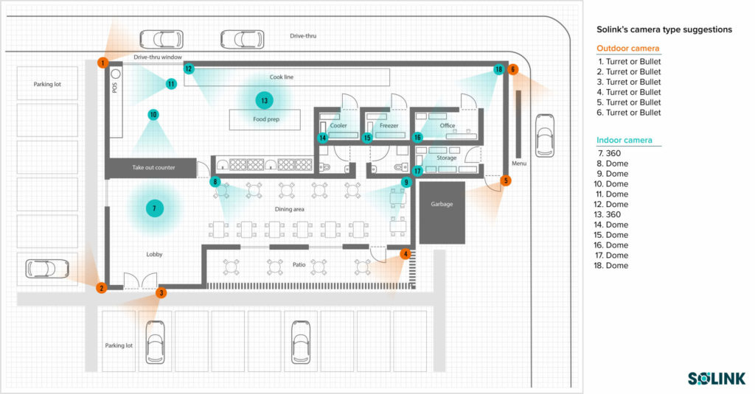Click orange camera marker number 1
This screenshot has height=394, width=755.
click(102, 63)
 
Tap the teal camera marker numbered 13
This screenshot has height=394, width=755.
click(263, 99)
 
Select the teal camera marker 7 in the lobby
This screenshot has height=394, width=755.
click(154, 208)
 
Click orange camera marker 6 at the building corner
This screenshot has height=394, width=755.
click(513, 69)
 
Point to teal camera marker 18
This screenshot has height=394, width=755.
click(499, 69)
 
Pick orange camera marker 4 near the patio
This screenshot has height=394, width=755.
click(405, 254)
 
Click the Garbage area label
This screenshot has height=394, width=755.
click(442, 204)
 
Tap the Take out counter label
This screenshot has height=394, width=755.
click(153, 168)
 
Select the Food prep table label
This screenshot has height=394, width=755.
click(266, 119)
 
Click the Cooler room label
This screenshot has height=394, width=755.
click(338, 126)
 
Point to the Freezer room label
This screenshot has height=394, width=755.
click(389, 126)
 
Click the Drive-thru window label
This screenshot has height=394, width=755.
click(158, 57)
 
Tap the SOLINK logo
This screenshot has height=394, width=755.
click(716, 378)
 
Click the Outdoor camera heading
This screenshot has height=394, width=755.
click(627, 49)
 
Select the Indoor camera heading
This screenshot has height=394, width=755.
click(624, 140)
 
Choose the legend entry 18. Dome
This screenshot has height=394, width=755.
click(613, 265)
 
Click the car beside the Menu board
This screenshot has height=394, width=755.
click(546, 136)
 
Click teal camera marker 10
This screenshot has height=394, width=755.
click(153, 115)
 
